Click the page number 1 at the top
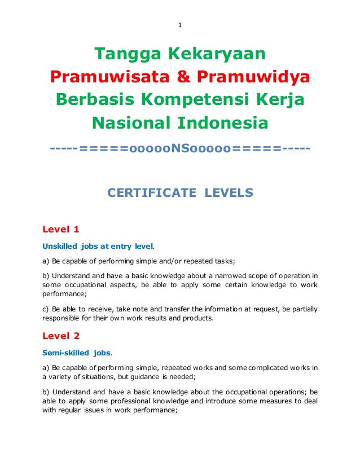coord(179,25)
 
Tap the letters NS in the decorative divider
coord(180,149)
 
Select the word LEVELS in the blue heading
coord(229,194)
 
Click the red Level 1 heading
coord(61,229)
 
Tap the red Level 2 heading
coord(61,336)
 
